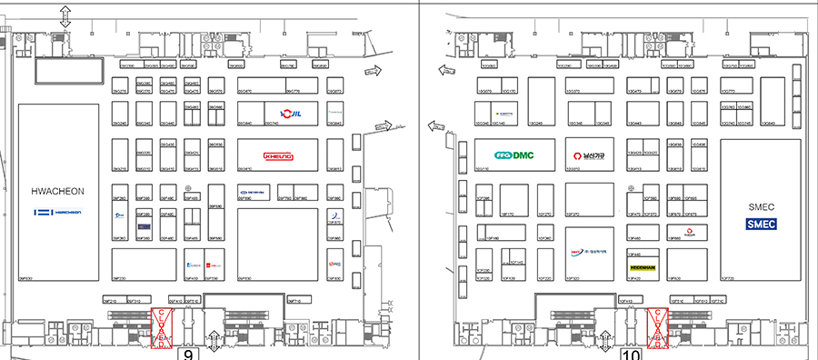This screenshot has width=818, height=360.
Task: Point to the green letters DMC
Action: (523, 155)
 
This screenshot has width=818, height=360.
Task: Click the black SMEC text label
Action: (761, 207)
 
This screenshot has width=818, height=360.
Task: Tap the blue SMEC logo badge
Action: (761, 225)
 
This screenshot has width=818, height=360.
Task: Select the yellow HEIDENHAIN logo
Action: (643, 267)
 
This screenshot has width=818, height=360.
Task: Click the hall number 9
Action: (188, 354)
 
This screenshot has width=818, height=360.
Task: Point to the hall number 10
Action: (631, 354)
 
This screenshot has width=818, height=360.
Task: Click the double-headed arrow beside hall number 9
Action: (214, 343)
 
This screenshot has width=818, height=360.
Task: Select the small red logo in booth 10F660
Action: (690, 234)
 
